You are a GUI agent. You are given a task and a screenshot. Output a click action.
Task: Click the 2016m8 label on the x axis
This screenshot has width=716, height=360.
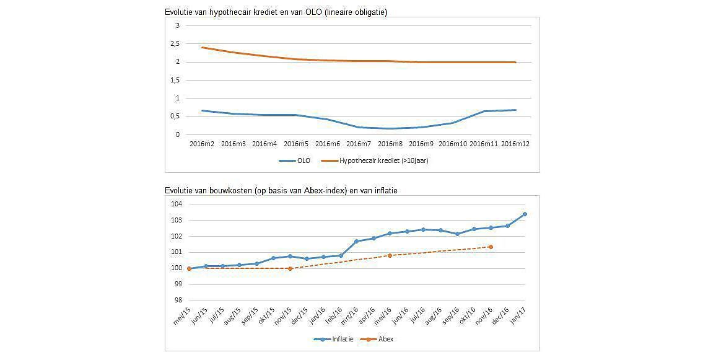[390, 144]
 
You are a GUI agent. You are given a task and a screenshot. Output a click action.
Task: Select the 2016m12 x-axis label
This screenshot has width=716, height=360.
[515, 144]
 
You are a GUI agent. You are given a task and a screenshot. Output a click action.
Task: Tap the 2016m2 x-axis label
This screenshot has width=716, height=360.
[203, 144]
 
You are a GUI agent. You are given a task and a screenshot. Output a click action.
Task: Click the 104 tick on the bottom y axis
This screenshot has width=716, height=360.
[177, 204]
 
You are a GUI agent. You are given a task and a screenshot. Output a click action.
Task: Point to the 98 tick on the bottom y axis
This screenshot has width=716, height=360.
[177, 301]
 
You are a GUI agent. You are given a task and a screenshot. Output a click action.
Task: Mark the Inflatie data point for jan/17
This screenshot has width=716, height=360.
[525, 214]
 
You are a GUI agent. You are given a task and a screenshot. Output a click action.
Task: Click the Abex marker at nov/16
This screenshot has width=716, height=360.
[491, 247]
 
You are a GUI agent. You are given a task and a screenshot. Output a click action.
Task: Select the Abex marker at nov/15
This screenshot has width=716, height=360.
[290, 268]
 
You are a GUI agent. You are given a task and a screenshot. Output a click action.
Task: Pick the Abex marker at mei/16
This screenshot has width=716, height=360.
[390, 255]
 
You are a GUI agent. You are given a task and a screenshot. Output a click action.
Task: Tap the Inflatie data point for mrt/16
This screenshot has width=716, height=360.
[356, 241]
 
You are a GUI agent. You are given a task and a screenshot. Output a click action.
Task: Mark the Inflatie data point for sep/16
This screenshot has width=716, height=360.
[457, 234]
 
